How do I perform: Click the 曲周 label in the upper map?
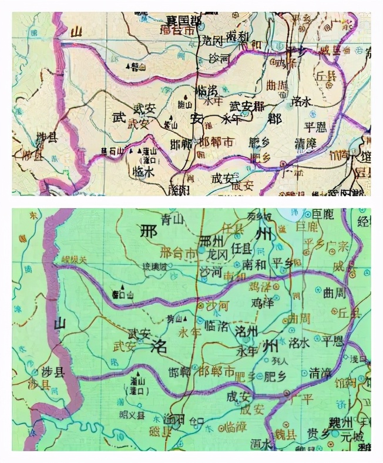coord(277,86)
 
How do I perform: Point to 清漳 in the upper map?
coord(305,144)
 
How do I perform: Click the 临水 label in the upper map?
coord(144,172)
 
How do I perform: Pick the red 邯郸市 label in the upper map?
coord(217,142)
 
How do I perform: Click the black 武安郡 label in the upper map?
coord(246,106)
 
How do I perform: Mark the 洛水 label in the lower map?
coord(299,342)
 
